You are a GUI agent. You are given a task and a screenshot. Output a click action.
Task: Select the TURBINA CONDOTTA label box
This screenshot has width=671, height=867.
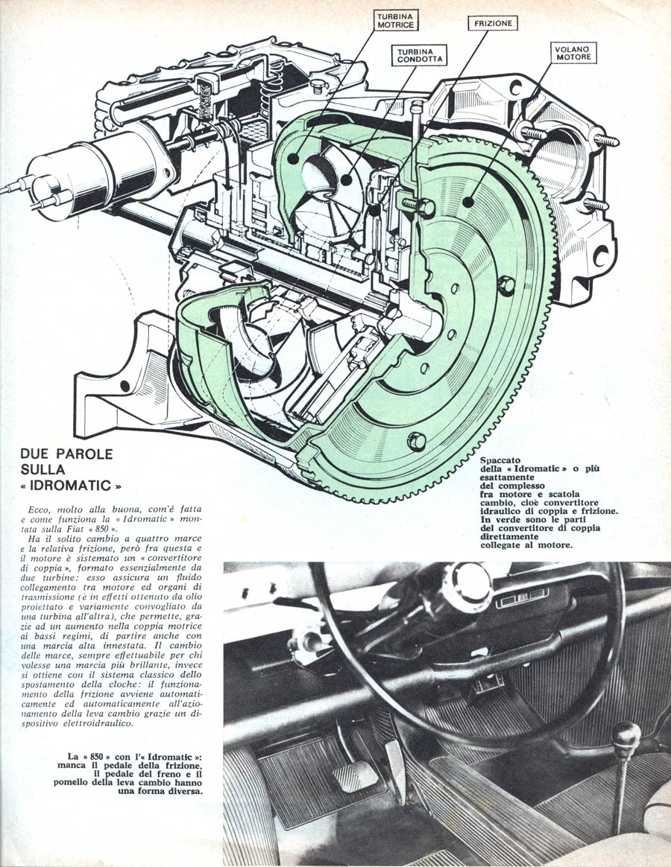pyautogui.click(x=420, y=54)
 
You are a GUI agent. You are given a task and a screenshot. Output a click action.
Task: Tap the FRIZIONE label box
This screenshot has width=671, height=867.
pyautogui.click(x=494, y=24)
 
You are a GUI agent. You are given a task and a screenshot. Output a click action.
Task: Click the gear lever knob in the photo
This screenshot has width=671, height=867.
pyautogui.click(x=626, y=736)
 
